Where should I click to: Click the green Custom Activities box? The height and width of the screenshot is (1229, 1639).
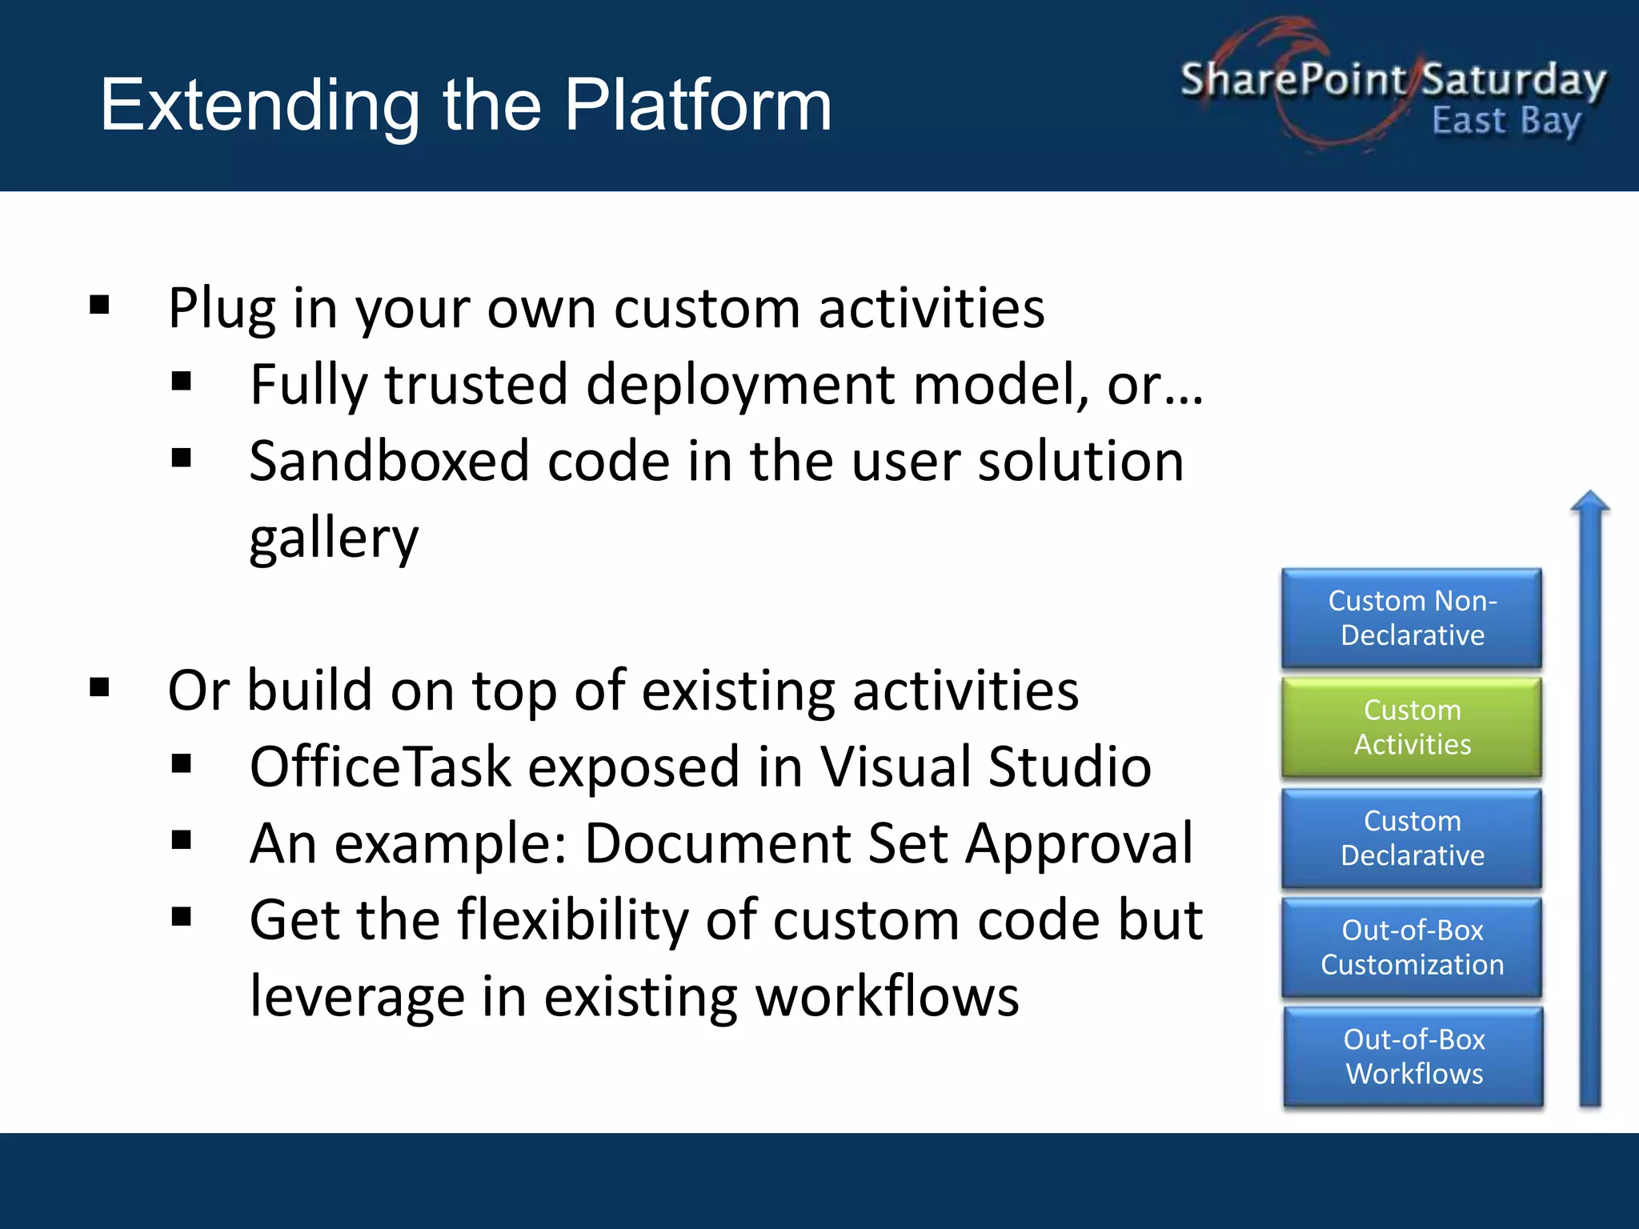(1412, 727)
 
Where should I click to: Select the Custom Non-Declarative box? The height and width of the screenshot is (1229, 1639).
(1412, 618)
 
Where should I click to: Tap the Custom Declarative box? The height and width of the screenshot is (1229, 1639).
(1412, 838)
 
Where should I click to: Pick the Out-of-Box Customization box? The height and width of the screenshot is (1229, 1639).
(1412, 947)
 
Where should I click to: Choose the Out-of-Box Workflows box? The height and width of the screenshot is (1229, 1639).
(1413, 1056)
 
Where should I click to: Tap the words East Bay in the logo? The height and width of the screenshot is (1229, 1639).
(1506, 122)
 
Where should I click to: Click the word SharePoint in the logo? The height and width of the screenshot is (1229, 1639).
(1292, 80)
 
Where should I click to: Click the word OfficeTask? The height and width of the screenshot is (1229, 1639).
(380, 767)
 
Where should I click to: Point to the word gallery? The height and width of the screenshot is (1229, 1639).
(334, 538)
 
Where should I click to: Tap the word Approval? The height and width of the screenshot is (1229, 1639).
(1079, 843)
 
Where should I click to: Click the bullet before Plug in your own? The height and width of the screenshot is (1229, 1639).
(100, 305)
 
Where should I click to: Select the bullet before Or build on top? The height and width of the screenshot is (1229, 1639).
(100, 687)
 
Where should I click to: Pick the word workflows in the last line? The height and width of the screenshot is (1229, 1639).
(887, 997)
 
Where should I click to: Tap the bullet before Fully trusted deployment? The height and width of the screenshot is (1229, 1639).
(182, 382)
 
